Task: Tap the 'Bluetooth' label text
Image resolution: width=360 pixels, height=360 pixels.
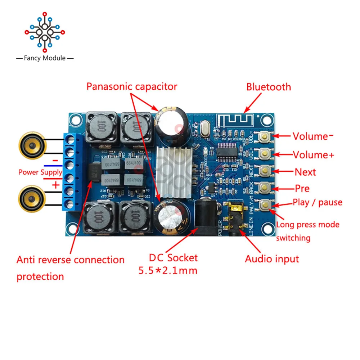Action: click(269, 87)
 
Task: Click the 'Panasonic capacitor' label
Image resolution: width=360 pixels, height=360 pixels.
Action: click(132, 86)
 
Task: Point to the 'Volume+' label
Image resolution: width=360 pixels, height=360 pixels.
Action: click(313, 155)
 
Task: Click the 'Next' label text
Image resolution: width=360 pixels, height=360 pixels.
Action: click(305, 172)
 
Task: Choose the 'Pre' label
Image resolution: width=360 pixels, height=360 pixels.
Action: click(302, 188)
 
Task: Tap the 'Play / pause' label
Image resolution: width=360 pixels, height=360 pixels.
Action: click(317, 202)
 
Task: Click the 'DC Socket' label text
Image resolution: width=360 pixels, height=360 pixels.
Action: click(173, 257)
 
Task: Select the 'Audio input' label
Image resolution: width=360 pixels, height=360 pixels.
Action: click(272, 258)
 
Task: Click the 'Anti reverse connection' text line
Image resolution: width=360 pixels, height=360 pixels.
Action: click(71, 260)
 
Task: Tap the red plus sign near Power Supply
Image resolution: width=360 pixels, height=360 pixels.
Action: click(56, 185)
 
